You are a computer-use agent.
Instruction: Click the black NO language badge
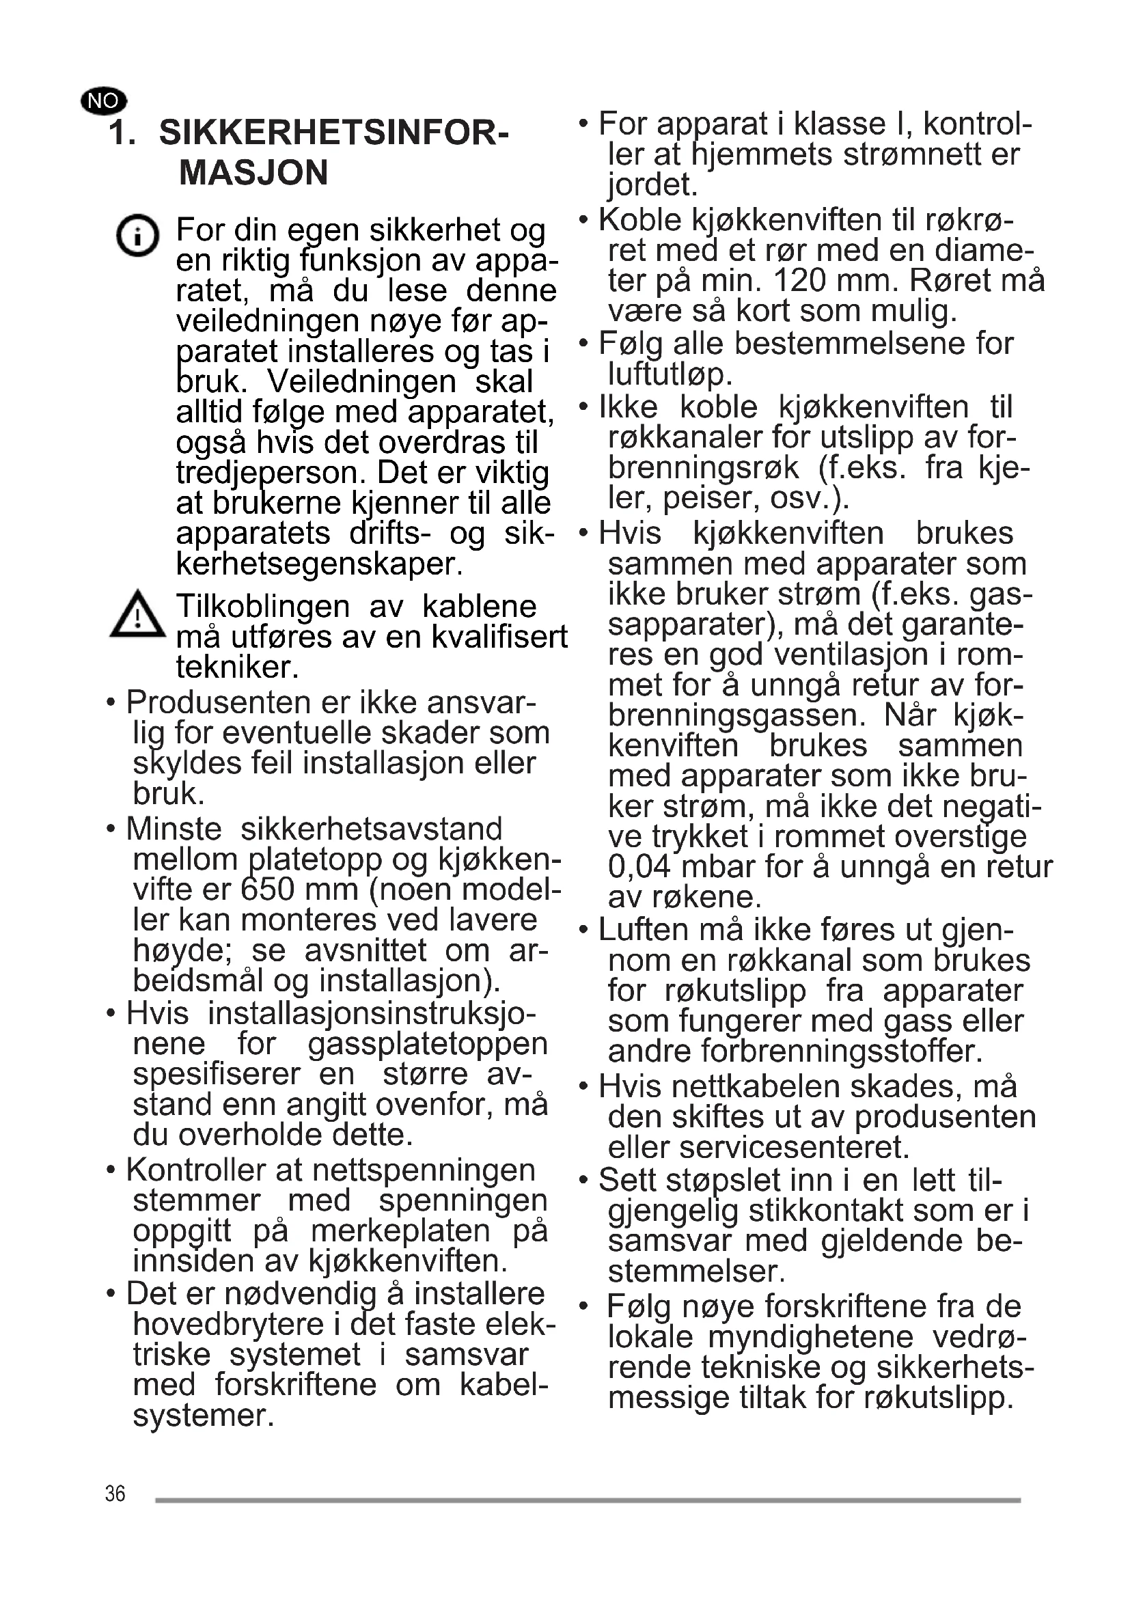104,101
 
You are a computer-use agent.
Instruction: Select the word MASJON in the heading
253,173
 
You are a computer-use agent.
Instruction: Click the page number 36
115,1493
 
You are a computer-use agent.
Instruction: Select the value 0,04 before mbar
638,867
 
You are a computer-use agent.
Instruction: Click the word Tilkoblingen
262,606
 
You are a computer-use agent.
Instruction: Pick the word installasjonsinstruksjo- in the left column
372,1013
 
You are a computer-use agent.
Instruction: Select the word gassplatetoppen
428,1044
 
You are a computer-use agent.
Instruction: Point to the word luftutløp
670,374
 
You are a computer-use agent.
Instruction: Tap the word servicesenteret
794,1146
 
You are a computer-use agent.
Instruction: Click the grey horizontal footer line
588,1500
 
